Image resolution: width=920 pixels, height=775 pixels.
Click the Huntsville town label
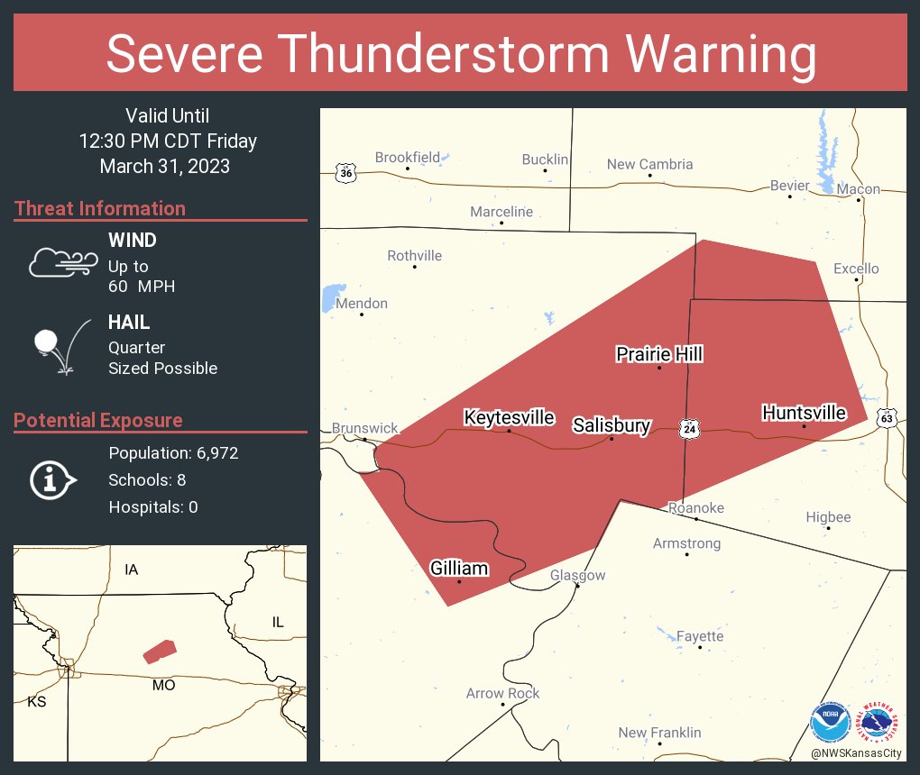804,413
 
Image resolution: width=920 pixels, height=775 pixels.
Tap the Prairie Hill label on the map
659,354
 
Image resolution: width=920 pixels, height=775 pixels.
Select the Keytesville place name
509,417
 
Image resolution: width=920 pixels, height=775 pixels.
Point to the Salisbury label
612,425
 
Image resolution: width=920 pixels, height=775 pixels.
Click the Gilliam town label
459,568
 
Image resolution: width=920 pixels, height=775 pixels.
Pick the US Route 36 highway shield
345,172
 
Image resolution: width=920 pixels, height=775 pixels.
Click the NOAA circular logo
830,723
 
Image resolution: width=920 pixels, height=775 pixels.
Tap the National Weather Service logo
879,723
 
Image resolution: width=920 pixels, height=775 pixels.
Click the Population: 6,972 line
173,453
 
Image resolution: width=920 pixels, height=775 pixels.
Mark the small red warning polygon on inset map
160,651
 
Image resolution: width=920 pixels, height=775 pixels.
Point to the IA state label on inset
132,570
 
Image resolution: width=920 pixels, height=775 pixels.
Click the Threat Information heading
100,208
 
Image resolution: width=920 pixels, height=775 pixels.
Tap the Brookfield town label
407,157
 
